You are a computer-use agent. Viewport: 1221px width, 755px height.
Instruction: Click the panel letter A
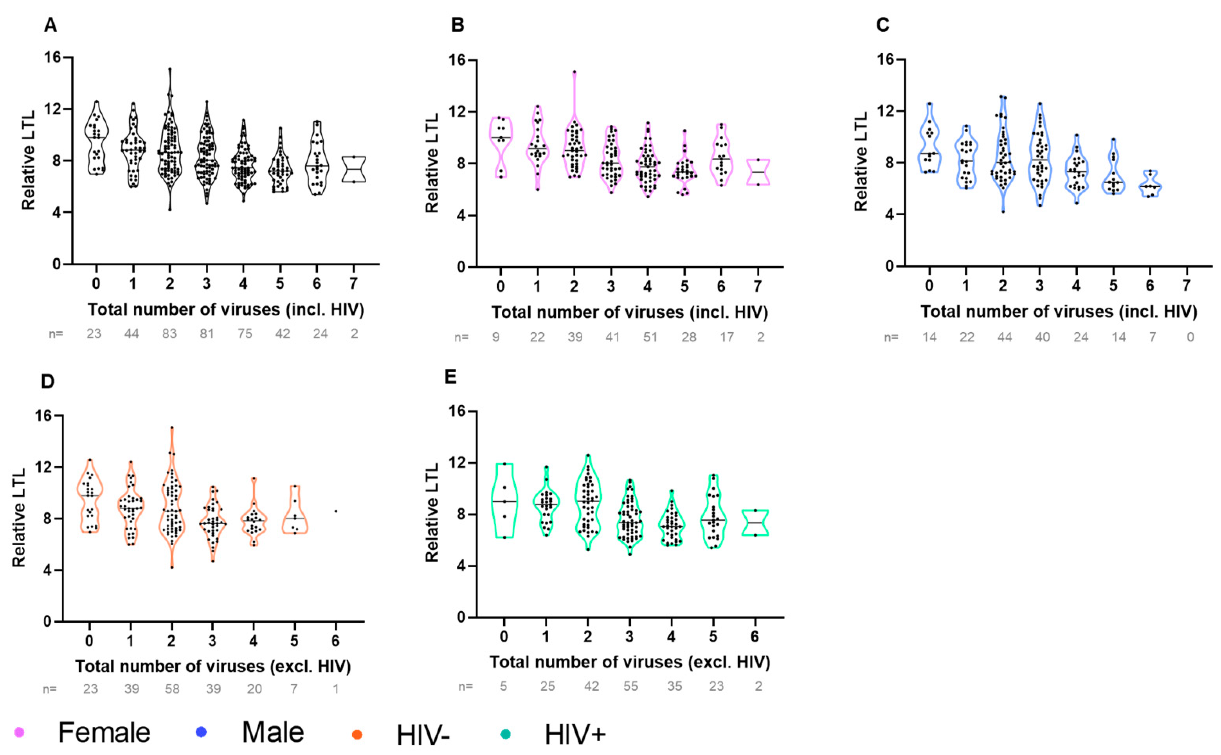(50, 25)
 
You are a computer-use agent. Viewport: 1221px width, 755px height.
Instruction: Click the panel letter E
(450, 377)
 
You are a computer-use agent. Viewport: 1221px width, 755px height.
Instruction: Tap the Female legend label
(104, 733)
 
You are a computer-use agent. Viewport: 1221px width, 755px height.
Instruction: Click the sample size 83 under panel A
(169, 333)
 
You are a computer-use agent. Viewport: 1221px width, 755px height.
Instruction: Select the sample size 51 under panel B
(650, 337)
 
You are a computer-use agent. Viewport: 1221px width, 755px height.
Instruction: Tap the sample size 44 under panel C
(1004, 337)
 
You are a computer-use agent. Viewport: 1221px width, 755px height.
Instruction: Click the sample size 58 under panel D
(171, 689)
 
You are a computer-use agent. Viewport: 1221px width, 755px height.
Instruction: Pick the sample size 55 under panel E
(630, 686)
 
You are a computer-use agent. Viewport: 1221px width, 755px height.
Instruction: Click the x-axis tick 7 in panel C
(1187, 286)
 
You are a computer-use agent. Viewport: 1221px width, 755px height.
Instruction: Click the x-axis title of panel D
(213, 667)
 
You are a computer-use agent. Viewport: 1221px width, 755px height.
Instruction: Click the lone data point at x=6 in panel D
(336, 511)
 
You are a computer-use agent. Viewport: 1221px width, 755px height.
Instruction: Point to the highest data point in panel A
(170, 69)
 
